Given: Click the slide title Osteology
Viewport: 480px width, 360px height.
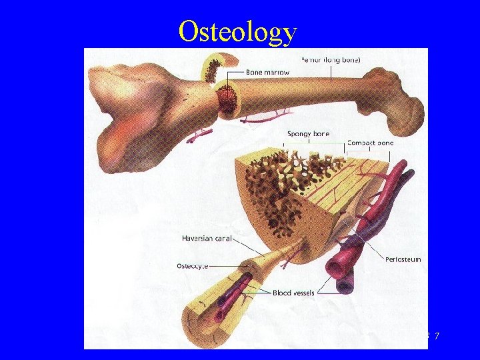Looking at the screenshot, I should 237,31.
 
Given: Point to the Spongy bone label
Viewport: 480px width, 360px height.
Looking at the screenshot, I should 308,133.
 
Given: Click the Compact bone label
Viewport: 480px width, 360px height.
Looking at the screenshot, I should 370,143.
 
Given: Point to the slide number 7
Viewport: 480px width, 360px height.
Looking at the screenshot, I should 436,337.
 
